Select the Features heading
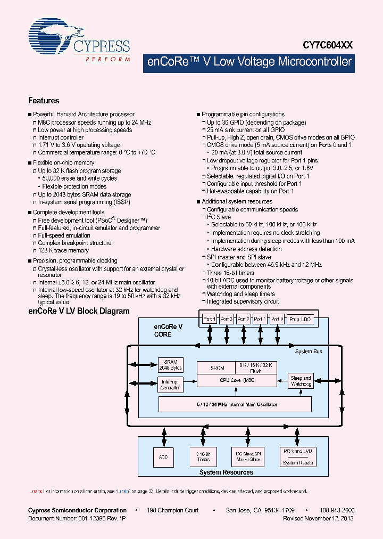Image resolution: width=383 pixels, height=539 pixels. pos(44,101)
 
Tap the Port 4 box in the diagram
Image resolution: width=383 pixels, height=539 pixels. pos(210,319)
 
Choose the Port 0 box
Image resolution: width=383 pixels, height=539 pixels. pos(277,319)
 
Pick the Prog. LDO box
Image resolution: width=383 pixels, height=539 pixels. pos(301,319)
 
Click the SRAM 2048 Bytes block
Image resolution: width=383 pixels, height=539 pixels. pos(170,365)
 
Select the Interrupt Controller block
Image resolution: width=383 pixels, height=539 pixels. pos(170,385)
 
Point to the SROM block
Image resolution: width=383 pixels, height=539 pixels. pos(218,367)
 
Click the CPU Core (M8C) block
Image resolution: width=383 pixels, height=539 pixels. pos(236,380)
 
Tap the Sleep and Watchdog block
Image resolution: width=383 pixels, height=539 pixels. pos(301,381)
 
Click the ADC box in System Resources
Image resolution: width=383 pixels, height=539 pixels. pos(163,456)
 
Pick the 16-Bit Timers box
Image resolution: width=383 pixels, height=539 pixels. pos(203,456)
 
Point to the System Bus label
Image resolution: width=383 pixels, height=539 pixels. pos(309,352)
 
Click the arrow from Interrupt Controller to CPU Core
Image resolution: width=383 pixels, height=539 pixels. pos(189,381)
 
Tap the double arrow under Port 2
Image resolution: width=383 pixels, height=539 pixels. pos(244,337)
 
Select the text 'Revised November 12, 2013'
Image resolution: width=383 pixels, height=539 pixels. pos(319,518)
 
